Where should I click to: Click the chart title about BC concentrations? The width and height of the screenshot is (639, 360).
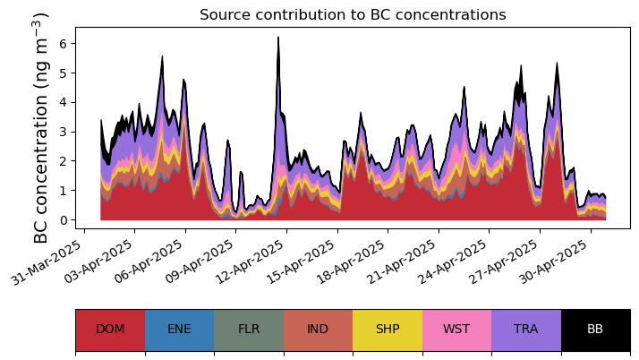[353, 15]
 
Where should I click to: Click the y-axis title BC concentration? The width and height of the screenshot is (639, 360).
[41, 127]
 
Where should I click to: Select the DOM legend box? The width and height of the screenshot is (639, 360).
[110, 330]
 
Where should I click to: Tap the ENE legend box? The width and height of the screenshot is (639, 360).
[179, 330]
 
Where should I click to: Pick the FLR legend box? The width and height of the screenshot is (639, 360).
[249, 330]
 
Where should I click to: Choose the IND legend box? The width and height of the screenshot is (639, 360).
[318, 330]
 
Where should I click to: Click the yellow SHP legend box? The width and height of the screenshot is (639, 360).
[388, 330]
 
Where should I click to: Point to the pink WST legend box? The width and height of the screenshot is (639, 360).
[456, 330]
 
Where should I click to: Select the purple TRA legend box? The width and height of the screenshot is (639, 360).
[526, 330]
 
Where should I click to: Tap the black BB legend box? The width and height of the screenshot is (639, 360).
[595, 330]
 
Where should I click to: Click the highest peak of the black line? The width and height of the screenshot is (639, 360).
[278, 38]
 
